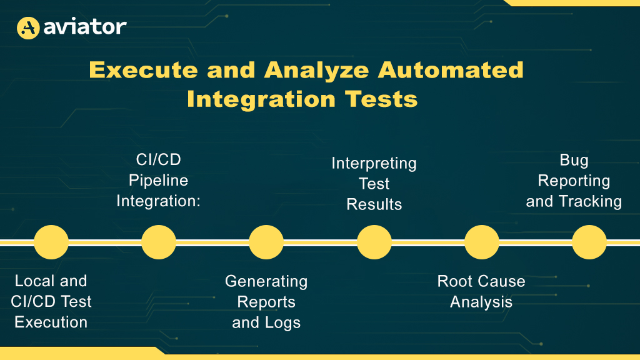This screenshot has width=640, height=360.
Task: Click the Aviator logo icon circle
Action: click(28, 27)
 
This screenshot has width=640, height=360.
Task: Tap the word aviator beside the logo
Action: click(85, 27)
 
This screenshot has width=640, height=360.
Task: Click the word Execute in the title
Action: click(143, 70)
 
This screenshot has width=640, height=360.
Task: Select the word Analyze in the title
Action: click(316, 70)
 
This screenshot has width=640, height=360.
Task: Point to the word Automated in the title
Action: click(451, 70)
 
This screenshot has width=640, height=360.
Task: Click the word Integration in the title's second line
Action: click(261, 99)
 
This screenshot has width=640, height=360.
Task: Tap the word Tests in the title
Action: click(381, 99)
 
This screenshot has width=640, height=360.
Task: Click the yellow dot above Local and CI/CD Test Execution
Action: click(51, 242)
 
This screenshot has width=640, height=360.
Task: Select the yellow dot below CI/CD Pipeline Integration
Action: click(159, 242)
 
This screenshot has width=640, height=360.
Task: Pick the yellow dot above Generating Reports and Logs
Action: click(266, 242)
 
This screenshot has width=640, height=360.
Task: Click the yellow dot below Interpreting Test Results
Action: click(374, 242)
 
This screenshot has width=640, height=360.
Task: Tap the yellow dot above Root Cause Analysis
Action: click(482, 242)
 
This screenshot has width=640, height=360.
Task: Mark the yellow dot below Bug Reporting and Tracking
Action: click(589, 242)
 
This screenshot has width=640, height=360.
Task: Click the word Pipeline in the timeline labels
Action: click(158, 181)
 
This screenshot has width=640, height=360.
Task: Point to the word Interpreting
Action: click(374, 164)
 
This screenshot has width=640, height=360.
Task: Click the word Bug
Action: click(574, 161)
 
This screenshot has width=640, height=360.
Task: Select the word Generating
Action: click(266, 282)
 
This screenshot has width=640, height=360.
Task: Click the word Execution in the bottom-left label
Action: click(51, 322)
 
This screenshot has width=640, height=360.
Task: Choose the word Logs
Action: click(282, 323)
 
